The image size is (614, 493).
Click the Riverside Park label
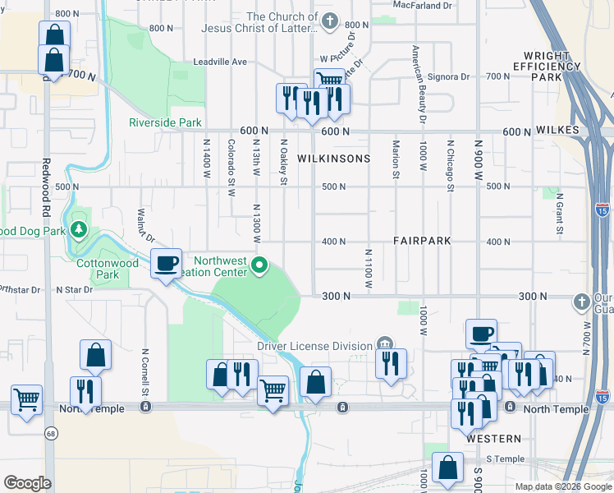pyautogui.click(x=165, y=122)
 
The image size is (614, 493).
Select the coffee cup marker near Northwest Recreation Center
pyautogui.click(x=167, y=264)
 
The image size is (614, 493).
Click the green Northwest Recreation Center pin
pyautogui.click(x=259, y=265)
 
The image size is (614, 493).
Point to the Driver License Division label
pyautogui.click(x=314, y=346)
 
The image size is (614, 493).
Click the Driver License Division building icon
pyautogui.click(x=384, y=343)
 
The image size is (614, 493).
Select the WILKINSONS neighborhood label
pyautogui.click(x=334, y=158)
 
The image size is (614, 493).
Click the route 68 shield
pyautogui.click(x=51, y=433)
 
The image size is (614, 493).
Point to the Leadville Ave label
pyautogui.click(x=220, y=62)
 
